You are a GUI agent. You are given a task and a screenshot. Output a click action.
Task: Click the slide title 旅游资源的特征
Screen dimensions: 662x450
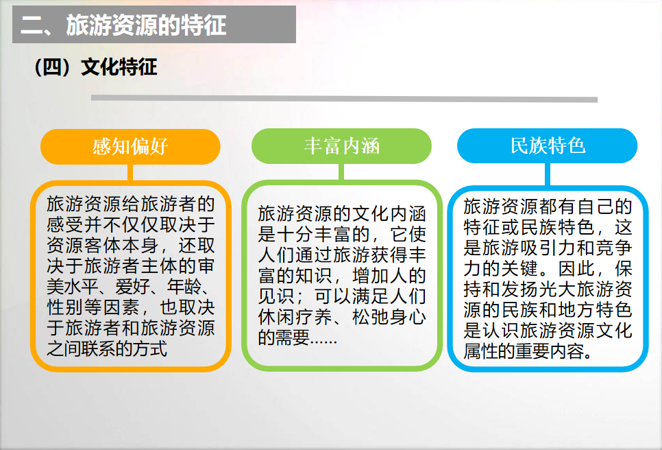point(146,25)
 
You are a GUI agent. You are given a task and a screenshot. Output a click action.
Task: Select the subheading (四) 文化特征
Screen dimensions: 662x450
point(96,67)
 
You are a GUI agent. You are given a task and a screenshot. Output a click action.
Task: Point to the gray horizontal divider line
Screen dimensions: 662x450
point(344,99)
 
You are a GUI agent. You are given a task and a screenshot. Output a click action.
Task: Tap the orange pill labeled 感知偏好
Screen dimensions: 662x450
point(130,147)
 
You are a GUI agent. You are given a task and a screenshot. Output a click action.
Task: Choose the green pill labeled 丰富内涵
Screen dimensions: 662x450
point(341,146)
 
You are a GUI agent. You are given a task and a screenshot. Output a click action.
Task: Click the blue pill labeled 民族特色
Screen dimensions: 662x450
point(547,145)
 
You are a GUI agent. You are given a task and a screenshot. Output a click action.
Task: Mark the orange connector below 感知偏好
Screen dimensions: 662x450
point(130,173)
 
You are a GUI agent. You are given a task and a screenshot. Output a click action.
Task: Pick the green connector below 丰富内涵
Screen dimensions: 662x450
point(341,172)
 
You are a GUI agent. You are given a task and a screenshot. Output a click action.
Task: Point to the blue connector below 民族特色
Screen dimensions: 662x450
point(547,174)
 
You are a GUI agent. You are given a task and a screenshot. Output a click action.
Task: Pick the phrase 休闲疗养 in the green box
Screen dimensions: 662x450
point(295,317)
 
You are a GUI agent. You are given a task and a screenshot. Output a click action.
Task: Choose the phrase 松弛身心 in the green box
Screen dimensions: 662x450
point(389,317)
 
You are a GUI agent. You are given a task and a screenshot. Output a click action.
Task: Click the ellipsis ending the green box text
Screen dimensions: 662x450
point(323,340)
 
